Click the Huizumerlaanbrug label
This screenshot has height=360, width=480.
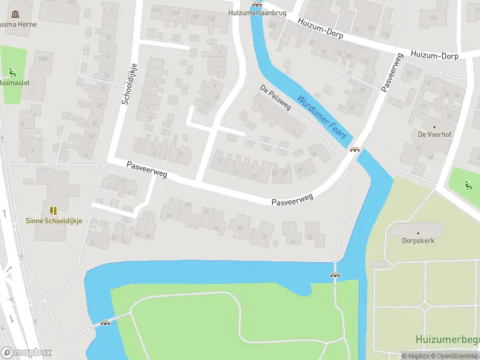pyautogui.click(x=257, y=12)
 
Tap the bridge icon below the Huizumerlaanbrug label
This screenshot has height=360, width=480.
pyautogui.click(x=257, y=4)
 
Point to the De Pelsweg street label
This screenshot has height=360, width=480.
pyautogui.click(x=275, y=97)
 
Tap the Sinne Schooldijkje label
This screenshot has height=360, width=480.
pyautogui.click(x=54, y=220)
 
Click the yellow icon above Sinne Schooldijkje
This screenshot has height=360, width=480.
pyautogui.click(x=53, y=210)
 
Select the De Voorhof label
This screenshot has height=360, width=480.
pyautogui.click(x=434, y=134)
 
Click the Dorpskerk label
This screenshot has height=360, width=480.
pyautogui.click(x=418, y=241)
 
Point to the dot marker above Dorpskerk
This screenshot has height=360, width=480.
pyautogui.click(x=418, y=233)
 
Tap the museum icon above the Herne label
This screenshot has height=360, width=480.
pyautogui.click(x=14, y=14)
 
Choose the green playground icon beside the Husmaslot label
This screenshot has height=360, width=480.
pyautogui.click(x=12, y=73)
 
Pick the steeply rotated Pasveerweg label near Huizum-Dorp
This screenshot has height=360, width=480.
pyautogui.click(x=391, y=72)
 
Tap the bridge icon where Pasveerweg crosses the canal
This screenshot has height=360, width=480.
pyautogui.click(x=355, y=150)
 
